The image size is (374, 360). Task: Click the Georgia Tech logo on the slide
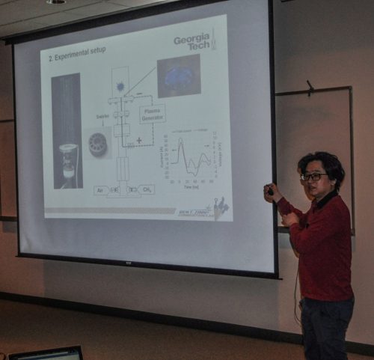pyautogui.click(x=194, y=40)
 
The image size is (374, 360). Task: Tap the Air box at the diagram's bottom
pyautogui.click(x=101, y=189)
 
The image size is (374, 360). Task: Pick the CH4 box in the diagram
pyautogui.click(x=146, y=189)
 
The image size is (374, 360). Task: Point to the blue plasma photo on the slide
pyautogui.click(x=179, y=76)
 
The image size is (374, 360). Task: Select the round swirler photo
pyautogui.click(x=98, y=144)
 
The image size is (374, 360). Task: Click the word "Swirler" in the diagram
pyautogui.click(x=102, y=116)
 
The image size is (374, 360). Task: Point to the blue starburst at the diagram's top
pyautogui.click(x=120, y=87)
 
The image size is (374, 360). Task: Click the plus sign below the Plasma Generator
pyautogui.click(x=139, y=140)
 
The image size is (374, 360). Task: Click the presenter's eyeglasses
pyautogui.click(x=314, y=177)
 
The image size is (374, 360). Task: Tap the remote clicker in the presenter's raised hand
pyautogui.click(x=270, y=190)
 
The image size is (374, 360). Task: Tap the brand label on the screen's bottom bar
pyautogui.click(x=128, y=263)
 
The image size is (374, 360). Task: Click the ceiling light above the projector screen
pyautogui.click(x=57, y=2)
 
